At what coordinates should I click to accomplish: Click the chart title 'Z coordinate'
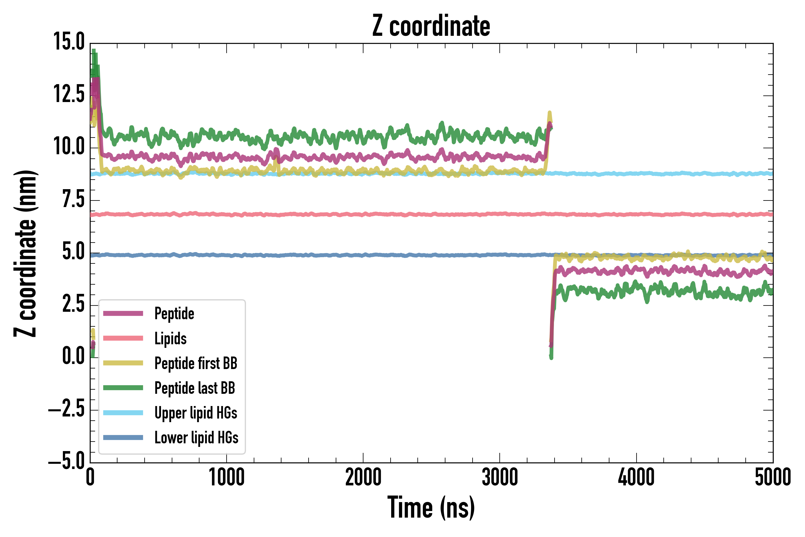tap(431, 26)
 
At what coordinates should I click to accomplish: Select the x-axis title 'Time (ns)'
tap(431, 507)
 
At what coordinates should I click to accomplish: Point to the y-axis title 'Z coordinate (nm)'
tap(26, 253)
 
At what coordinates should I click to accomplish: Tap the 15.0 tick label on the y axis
tap(69, 42)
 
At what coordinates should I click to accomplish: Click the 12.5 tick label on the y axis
tap(69, 94)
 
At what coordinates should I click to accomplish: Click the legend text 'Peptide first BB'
tap(196, 363)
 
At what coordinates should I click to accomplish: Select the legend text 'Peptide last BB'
tap(195, 388)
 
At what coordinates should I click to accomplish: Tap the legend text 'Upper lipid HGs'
tap(196, 413)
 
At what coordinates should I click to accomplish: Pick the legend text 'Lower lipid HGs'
tap(196, 438)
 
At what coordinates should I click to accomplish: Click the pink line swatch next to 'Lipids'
tap(123, 338)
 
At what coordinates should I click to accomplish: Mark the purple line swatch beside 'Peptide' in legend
tap(123, 313)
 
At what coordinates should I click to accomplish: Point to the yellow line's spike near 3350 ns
tap(550, 113)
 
